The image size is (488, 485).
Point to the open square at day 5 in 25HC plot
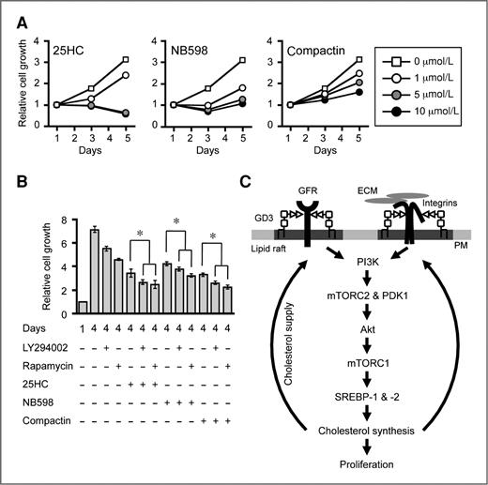[126, 59]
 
